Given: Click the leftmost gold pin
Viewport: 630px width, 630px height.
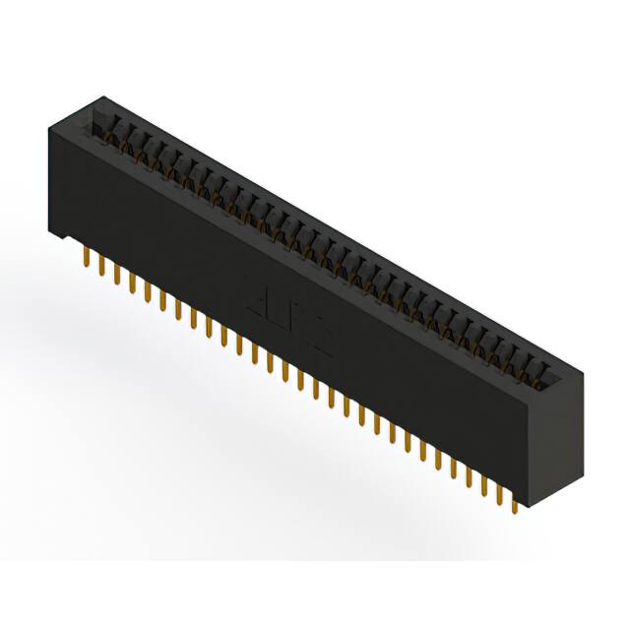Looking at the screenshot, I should coord(87,259).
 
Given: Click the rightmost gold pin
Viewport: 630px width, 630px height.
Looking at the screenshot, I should coord(515,504).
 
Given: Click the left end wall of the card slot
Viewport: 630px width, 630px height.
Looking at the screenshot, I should coord(95,123).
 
